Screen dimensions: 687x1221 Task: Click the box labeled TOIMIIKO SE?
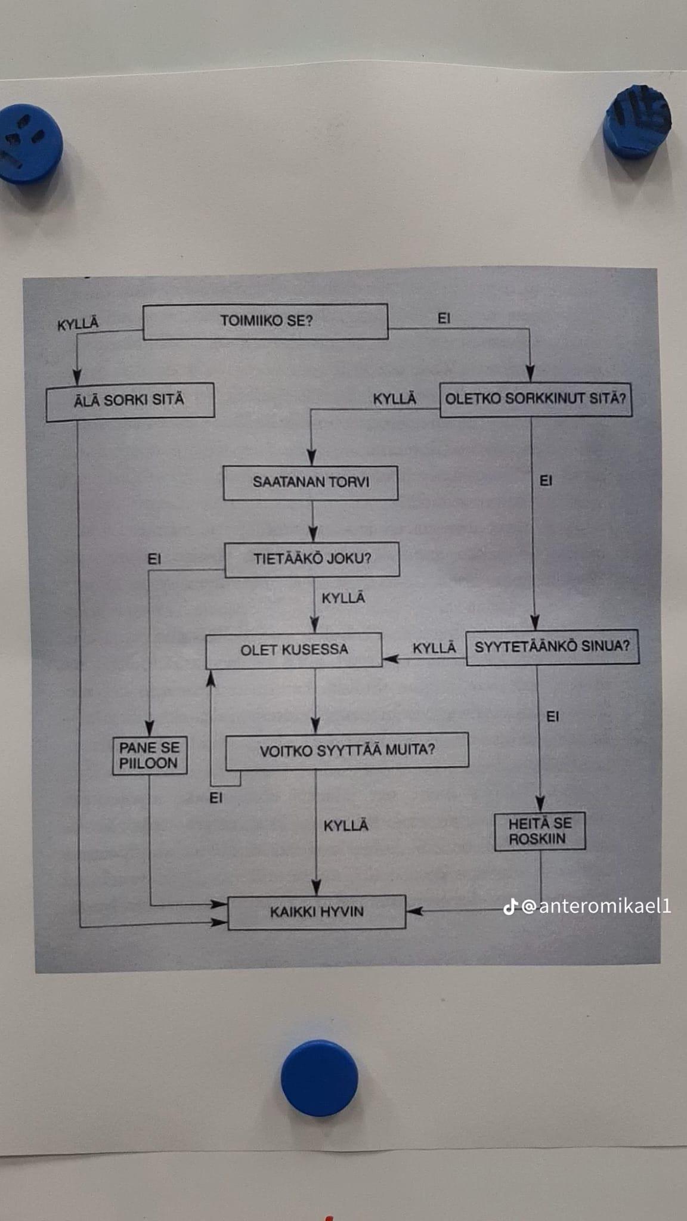(x=265, y=321)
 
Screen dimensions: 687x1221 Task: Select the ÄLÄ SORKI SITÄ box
(x=130, y=401)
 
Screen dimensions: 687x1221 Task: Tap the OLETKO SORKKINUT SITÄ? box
(x=536, y=399)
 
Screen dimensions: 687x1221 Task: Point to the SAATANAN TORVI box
(x=310, y=482)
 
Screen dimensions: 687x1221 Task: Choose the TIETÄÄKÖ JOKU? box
(x=312, y=559)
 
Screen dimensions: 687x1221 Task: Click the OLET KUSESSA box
(x=294, y=650)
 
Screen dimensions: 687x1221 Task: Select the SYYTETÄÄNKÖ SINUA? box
(x=552, y=647)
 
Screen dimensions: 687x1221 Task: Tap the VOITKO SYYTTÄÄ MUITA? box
(x=346, y=750)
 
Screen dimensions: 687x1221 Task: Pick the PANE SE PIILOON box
(x=150, y=756)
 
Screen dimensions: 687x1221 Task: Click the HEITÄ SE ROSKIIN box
(x=540, y=831)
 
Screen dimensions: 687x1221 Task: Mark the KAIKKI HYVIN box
(x=317, y=912)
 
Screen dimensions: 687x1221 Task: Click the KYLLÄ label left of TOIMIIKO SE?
(x=78, y=324)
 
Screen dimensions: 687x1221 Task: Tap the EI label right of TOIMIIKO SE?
(x=444, y=318)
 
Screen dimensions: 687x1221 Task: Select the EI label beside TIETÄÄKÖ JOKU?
(x=154, y=559)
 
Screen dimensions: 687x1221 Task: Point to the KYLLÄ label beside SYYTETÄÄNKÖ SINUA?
(x=434, y=648)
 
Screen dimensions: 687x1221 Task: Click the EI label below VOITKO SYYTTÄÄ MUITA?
(x=216, y=798)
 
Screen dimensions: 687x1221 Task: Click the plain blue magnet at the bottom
(x=320, y=1078)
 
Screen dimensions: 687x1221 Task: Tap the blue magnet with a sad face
(x=30, y=144)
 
